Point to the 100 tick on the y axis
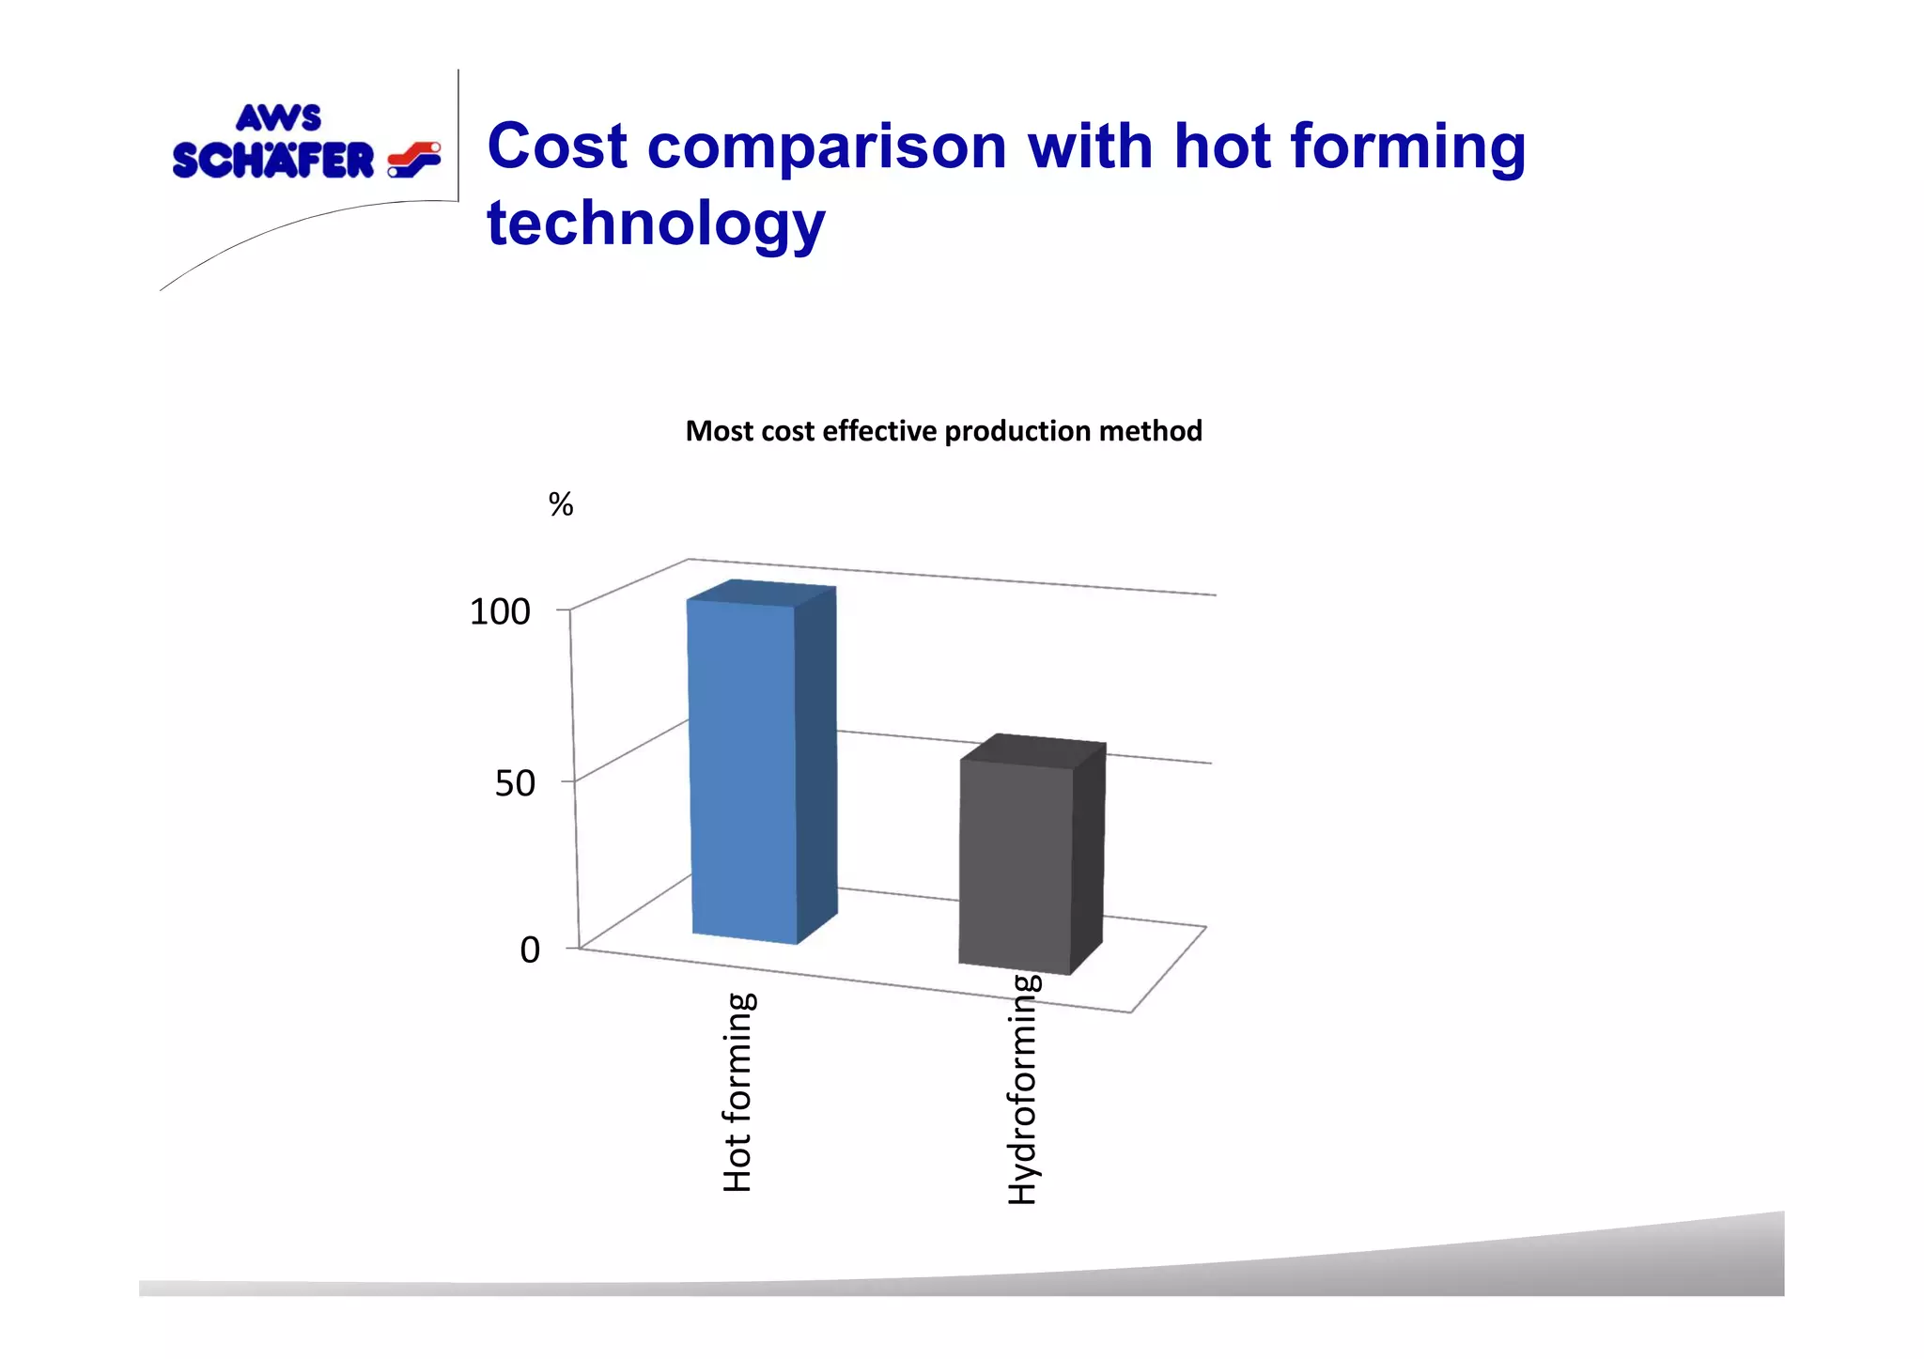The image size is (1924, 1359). tap(500, 611)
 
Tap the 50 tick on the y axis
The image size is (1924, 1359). tap(515, 783)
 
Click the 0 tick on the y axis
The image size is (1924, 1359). tap(530, 950)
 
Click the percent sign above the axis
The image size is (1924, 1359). tap(561, 505)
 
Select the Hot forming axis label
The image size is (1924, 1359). tap(738, 1092)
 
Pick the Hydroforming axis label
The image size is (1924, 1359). tap(1023, 1089)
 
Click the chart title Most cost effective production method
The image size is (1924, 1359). tap(943, 431)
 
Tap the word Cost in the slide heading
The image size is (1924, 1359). tap(557, 147)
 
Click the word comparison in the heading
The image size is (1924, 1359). tap(827, 148)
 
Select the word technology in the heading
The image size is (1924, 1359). tap(656, 224)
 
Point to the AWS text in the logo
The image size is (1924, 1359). tap(278, 118)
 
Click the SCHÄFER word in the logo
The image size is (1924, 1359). tap(273, 161)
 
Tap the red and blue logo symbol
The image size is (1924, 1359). tap(413, 160)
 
